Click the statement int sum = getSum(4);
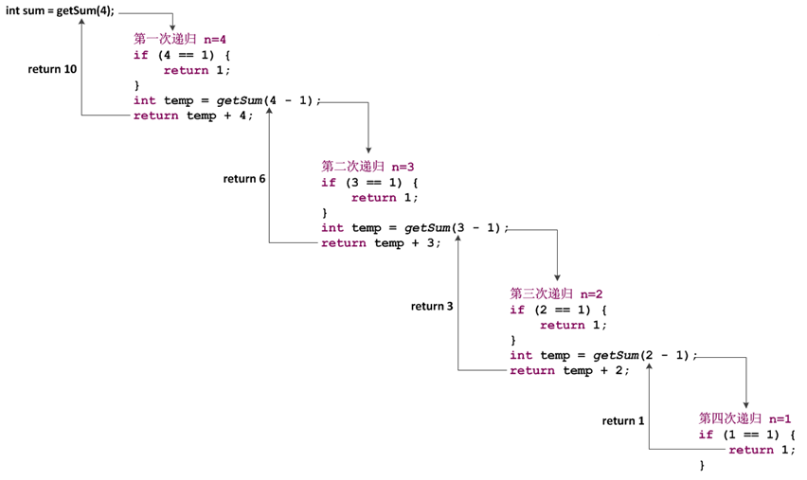point(60,10)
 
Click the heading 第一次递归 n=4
point(180,39)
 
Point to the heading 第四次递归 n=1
point(744,418)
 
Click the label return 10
point(52,69)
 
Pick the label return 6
point(244,179)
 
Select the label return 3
point(432,306)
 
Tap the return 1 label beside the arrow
point(622,420)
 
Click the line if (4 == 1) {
point(181,55)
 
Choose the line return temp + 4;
point(193,116)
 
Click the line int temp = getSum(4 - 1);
point(227,100)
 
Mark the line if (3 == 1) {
point(368,183)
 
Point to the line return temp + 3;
point(381,243)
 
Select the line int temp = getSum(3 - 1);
point(415,228)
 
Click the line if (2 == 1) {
point(557,310)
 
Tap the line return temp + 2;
point(569,370)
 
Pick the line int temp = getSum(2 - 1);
point(603,355)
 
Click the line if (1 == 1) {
point(746,435)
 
